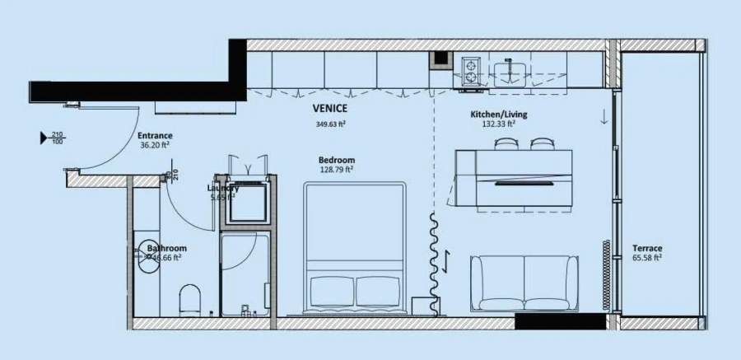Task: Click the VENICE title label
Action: pyautogui.click(x=329, y=108)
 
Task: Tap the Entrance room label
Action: pyautogui.click(x=154, y=135)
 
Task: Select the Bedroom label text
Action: pyautogui.click(x=336, y=160)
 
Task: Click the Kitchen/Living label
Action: pyautogui.click(x=498, y=114)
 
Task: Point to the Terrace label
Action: pyautogui.click(x=647, y=248)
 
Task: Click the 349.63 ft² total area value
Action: pyautogui.click(x=329, y=124)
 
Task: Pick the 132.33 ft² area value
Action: pyautogui.click(x=498, y=124)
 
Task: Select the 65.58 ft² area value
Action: pyautogui.click(x=647, y=258)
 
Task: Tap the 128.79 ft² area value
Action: pyautogui.click(x=336, y=170)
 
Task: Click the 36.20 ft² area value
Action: pyautogui.click(x=154, y=145)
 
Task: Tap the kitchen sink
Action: pyautogui.click(x=511, y=70)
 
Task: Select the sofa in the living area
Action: pyautogui.click(x=524, y=283)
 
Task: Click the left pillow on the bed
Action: pyautogui.click(x=332, y=291)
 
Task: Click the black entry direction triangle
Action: pyautogui.click(x=44, y=138)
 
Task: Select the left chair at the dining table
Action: pyautogui.click(x=504, y=143)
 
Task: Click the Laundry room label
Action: pyautogui.click(x=223, y=188)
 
